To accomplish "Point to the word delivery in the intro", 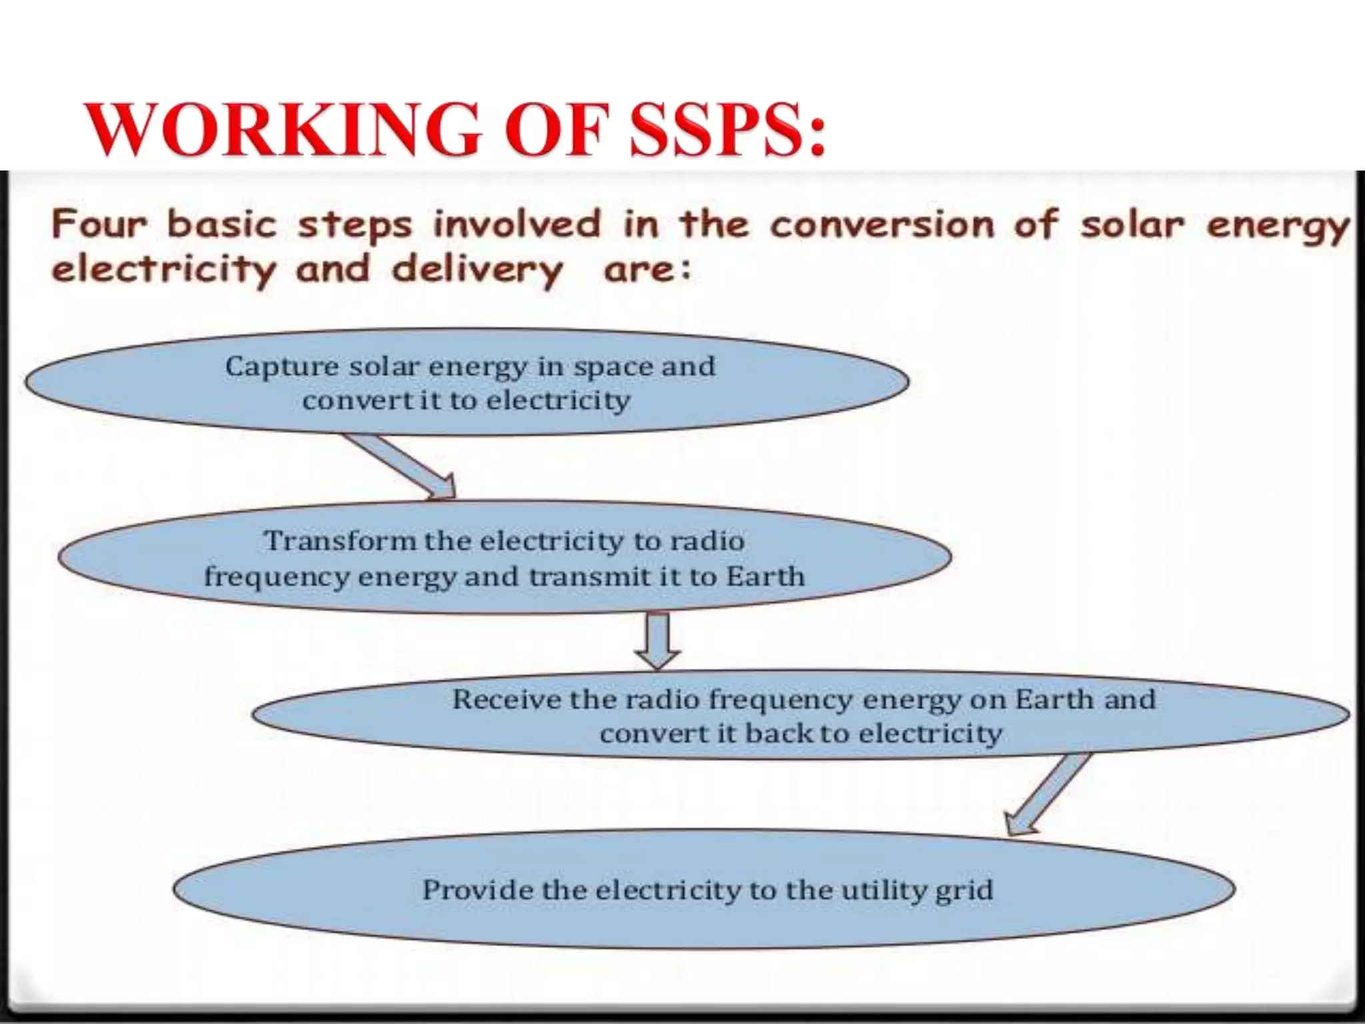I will (x=477, y=271).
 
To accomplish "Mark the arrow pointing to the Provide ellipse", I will (x=1049, y=794).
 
